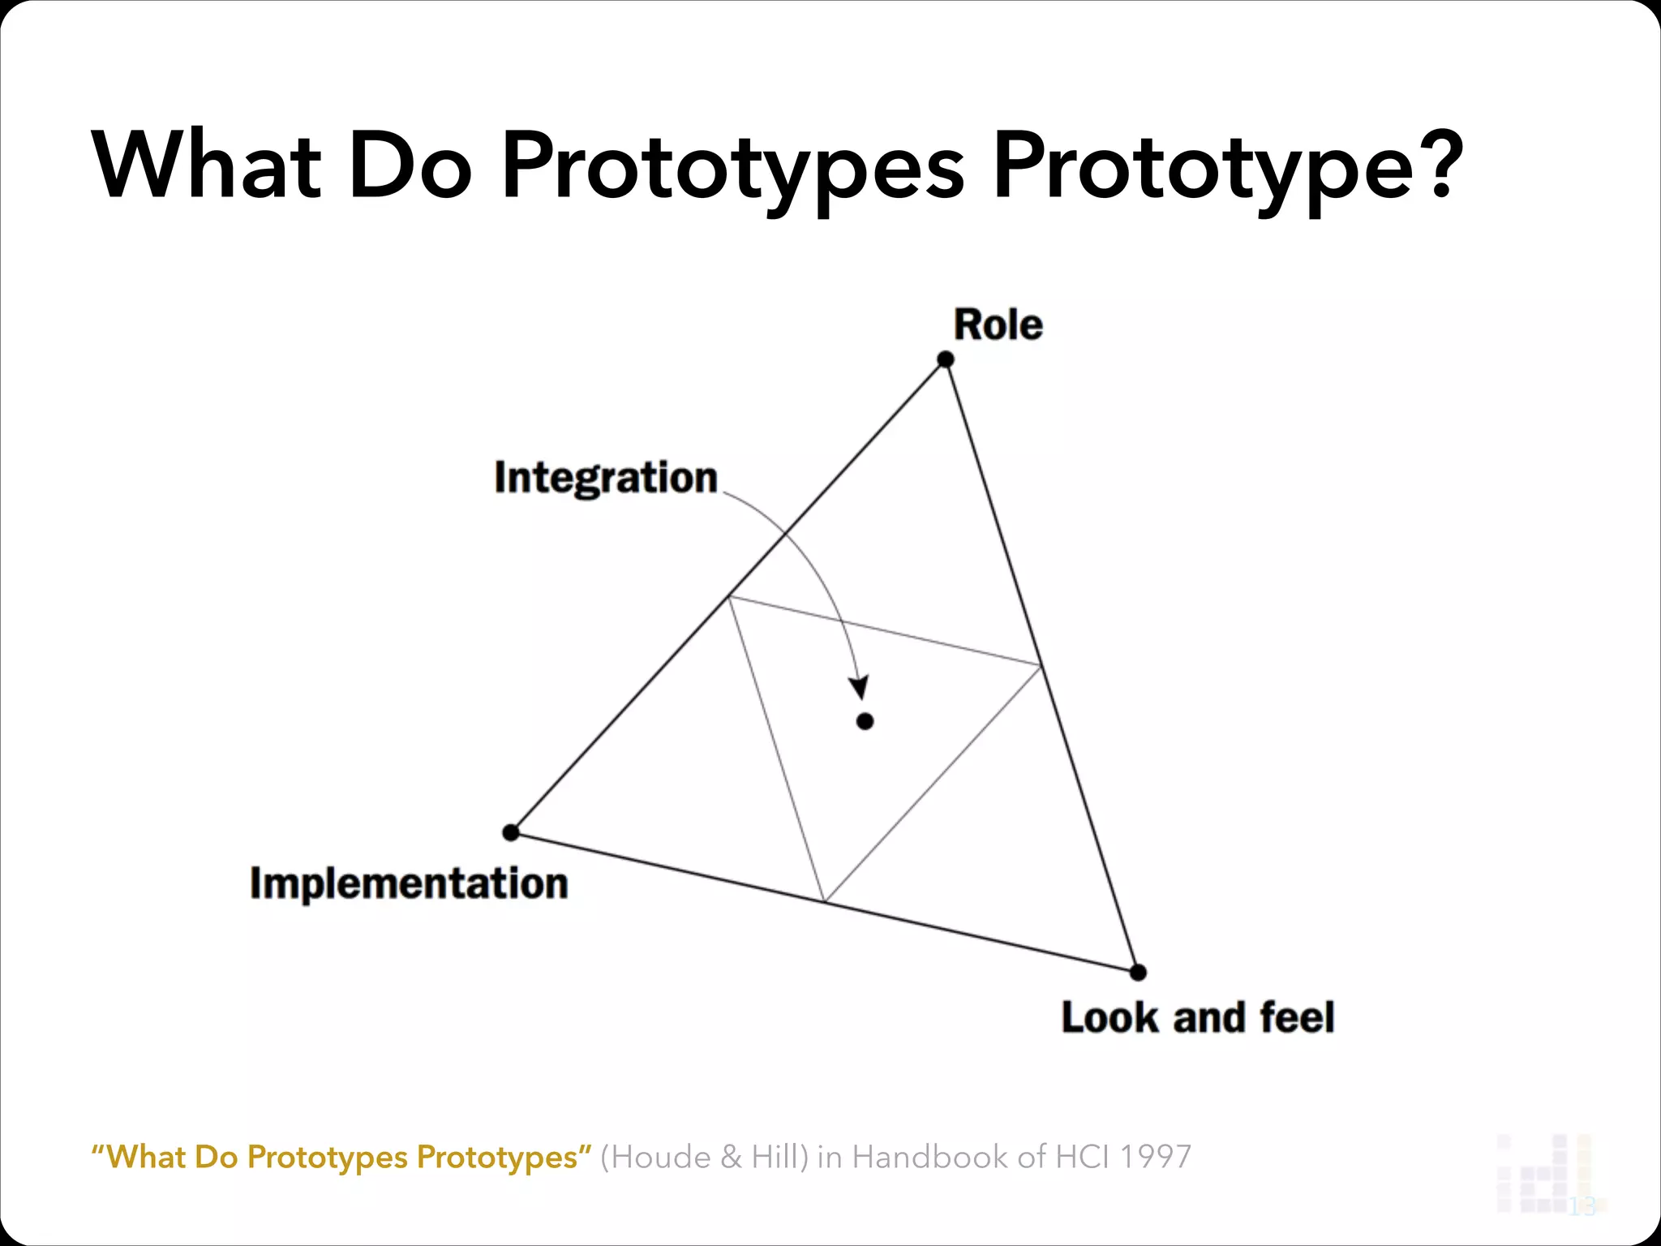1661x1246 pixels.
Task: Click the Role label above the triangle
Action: [x=998, y=325]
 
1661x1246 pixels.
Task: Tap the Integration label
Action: [x=606, y=477]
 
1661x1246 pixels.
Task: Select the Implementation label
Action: [x=409, y=883]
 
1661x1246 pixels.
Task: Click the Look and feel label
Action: [x=1198, y=1017]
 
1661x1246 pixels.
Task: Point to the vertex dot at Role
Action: [x=945, y=359]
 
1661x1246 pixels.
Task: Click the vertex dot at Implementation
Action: [x=511, y=832]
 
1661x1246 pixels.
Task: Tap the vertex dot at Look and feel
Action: [x=1138, y=972]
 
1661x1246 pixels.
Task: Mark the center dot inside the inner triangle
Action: [x=865, y=721]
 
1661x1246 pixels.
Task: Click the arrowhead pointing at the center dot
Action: [x=859, y=687]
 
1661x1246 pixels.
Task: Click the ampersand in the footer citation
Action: [x=731, y=1157]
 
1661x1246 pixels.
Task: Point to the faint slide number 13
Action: [x=1582, y=1206]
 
